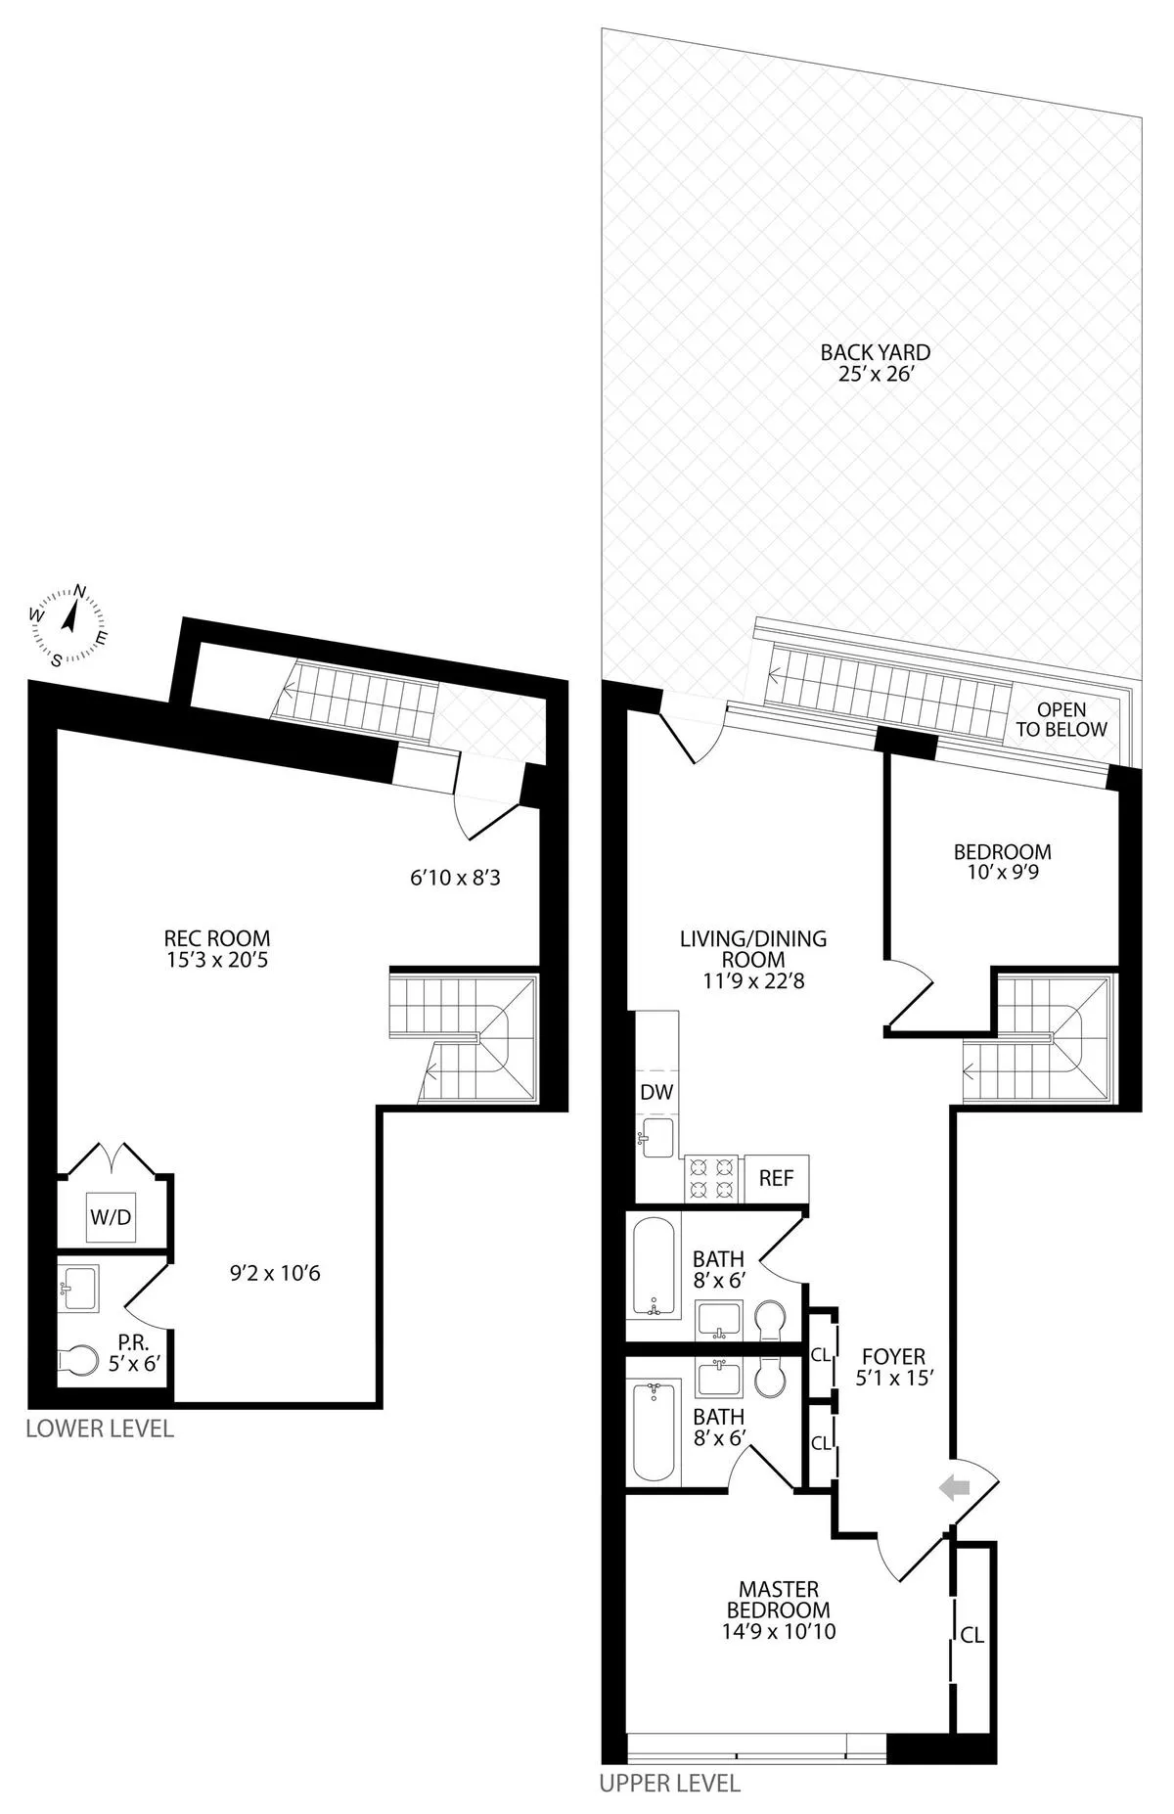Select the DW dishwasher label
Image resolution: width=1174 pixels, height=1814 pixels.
pos(656,1093)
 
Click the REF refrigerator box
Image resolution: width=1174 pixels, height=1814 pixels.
pos(777,1178)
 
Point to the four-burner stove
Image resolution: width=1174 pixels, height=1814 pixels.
pos(712,1178)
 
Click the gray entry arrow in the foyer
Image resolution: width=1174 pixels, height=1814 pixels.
pos(953,1488)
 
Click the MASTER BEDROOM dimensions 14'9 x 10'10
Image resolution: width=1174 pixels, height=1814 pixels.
pos(779,1631)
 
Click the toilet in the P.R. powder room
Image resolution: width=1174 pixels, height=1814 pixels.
pos(78,1359)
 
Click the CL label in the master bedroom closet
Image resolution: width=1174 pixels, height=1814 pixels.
pos(971,1634)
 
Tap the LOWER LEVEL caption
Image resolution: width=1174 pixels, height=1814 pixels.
pos(99,1429)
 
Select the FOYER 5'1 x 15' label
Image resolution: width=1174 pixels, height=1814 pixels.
pos(892,1367)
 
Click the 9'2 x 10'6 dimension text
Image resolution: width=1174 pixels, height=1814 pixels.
pos(275,1273)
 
